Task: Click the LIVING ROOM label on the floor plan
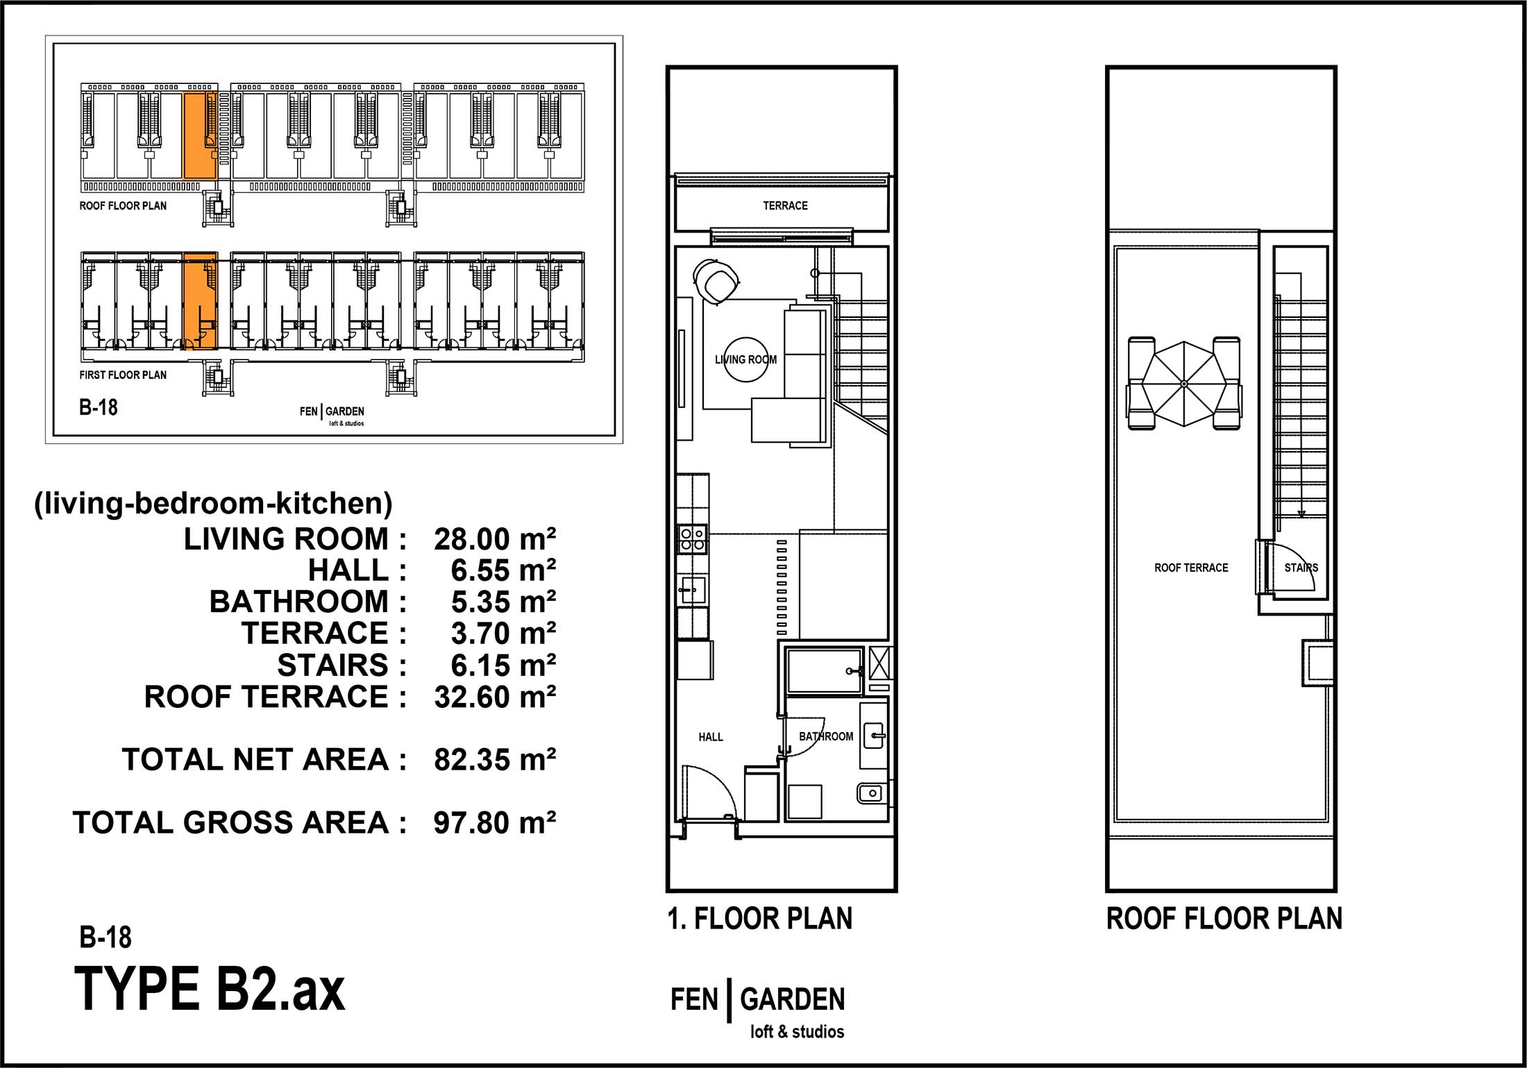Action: (x=745, y=359)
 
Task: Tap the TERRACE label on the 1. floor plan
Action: (x=785, y=205)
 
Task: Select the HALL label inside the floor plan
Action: (x=711, y=737)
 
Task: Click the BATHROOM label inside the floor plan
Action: (x=826, y=736)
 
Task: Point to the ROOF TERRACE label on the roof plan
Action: (x=1191, y=568)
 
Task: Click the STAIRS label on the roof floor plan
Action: (x=1301, y=568)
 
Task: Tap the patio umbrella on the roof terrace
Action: (x=1184, y=384)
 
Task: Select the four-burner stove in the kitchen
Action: (x=693, y=539)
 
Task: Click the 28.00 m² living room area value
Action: (x=495, y=539)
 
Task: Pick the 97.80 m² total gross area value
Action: (x=495, y=823)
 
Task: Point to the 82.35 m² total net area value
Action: (x=495, y=760)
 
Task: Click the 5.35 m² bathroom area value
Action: (x=503, y=602)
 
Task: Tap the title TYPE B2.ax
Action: (x=209, y=989)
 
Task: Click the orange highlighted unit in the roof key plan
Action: (x=201, y=136)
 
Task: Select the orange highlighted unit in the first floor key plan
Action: (x=201, y=301)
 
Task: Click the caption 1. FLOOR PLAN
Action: (x=760, y=919)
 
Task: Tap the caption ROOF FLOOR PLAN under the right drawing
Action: (x=1224, y=919)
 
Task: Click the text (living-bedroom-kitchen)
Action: (x=213, y=504)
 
